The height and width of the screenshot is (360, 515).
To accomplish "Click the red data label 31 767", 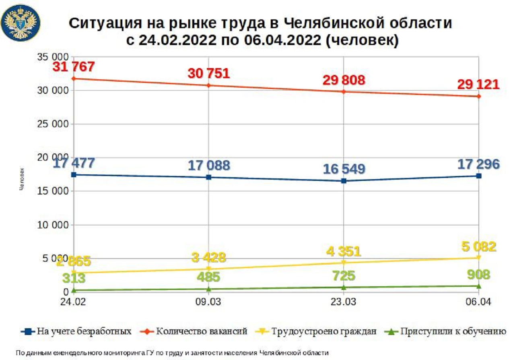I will [74, 66].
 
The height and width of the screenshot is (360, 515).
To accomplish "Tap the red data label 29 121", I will [478, 85].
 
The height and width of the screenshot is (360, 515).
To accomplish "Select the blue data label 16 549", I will [344, 168].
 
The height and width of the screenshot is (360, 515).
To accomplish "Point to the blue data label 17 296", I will [478, 164].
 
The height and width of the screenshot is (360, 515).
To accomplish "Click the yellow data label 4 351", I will [343, 251].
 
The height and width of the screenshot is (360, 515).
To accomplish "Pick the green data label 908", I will [478, 275].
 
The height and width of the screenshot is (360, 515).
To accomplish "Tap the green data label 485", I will [208, 277].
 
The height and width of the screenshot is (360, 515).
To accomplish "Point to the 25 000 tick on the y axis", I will [55, 124].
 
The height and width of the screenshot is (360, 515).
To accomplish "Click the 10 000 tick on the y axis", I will [55, 225].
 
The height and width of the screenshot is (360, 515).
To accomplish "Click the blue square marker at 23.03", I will [344, 181].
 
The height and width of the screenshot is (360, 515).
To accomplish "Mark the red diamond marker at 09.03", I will [208, 85].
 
